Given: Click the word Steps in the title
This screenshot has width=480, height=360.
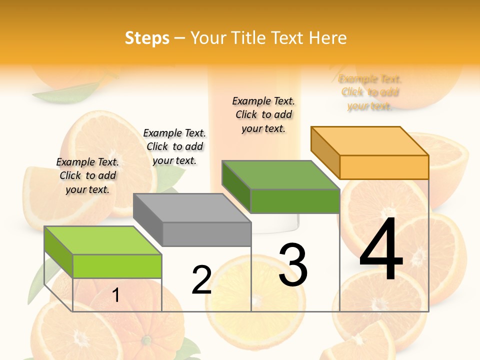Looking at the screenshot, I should (x=146, y=38).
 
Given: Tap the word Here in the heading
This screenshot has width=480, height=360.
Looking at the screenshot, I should (x=327, y=38).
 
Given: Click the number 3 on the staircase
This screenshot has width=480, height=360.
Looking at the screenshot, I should (x=293, y=265).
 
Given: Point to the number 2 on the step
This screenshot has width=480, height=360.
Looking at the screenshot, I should (x=202, y=280).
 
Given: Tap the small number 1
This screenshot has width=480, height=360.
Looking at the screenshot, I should (x=116, y=295).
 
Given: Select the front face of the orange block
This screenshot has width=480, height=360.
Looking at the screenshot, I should (x=384, y=167).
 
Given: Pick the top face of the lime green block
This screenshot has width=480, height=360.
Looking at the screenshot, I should (x=103, y=240).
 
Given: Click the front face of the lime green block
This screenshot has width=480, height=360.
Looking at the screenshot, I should (x=117, y=266).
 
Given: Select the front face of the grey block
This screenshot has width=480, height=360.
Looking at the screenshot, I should (x=206, y=234).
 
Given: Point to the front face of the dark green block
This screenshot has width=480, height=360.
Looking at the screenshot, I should (x=295, y=201).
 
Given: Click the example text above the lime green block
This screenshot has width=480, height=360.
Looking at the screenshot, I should (x=87, y=175).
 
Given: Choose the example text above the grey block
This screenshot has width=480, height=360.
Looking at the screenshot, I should (x=174, y=146).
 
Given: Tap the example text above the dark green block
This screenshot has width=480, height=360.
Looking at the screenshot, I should (x=263, y=114).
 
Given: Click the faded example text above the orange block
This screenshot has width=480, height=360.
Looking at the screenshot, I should (x=370, y=92).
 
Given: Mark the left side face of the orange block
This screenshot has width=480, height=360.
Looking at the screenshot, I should (x=325, y=152).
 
